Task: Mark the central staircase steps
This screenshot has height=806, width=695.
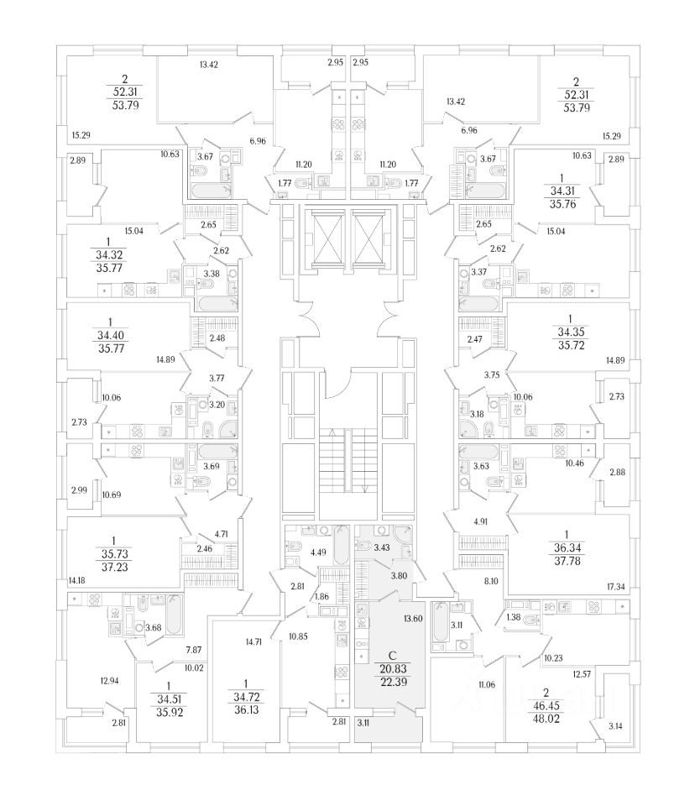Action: (x=347, y=462)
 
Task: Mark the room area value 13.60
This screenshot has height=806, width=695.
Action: (x=412, y=619)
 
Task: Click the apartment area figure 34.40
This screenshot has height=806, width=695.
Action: (x=108, y=334)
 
